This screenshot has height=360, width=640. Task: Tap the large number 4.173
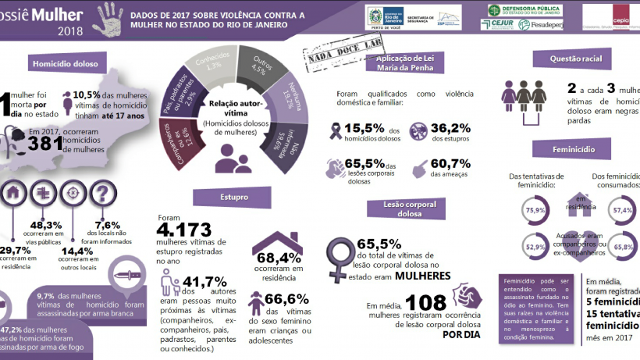pyautogui.click(x=184, y=230)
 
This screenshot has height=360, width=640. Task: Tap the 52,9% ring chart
pyautogui.click(x=535, y=247)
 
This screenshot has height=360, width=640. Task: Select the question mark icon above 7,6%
pyautogui.click(x=102, y=194)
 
